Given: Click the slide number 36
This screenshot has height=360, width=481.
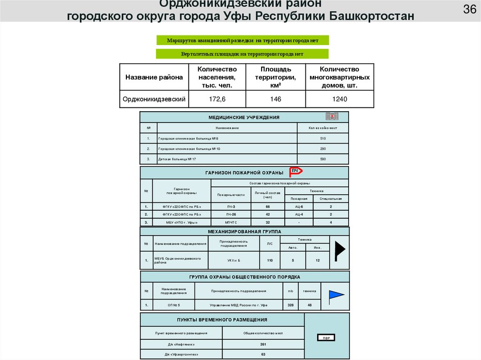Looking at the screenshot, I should (x=470, y=9).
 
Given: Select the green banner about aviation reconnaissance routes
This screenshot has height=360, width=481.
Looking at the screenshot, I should (x=242, y=40).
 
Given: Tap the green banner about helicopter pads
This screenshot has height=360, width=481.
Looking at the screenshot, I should (x=242, y=54).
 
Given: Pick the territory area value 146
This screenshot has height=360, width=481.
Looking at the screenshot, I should (x=275, y=99).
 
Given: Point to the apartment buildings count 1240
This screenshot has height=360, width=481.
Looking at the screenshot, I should (x=340, y=99).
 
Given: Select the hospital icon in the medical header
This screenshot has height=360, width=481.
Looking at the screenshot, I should (x=332, y=116).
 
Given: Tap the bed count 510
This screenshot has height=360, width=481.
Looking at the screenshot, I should (x=323, y=138).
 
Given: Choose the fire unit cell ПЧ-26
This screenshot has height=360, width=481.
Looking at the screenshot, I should (x=231, y=214).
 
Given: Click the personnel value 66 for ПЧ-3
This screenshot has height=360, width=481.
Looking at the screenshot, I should (x=268, y=207).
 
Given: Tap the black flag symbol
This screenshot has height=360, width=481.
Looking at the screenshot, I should (x=340, y=250).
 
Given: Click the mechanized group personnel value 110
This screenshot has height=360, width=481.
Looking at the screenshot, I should (x=270, y=260).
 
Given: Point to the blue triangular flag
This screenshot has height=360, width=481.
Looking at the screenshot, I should (x=335, y=295).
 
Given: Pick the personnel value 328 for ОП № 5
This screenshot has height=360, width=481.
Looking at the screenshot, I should (x=290, y=305).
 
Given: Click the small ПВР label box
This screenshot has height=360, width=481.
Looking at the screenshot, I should (x=326, y=338).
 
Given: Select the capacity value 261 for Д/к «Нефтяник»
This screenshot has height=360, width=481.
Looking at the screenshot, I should (x=263, y=344).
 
